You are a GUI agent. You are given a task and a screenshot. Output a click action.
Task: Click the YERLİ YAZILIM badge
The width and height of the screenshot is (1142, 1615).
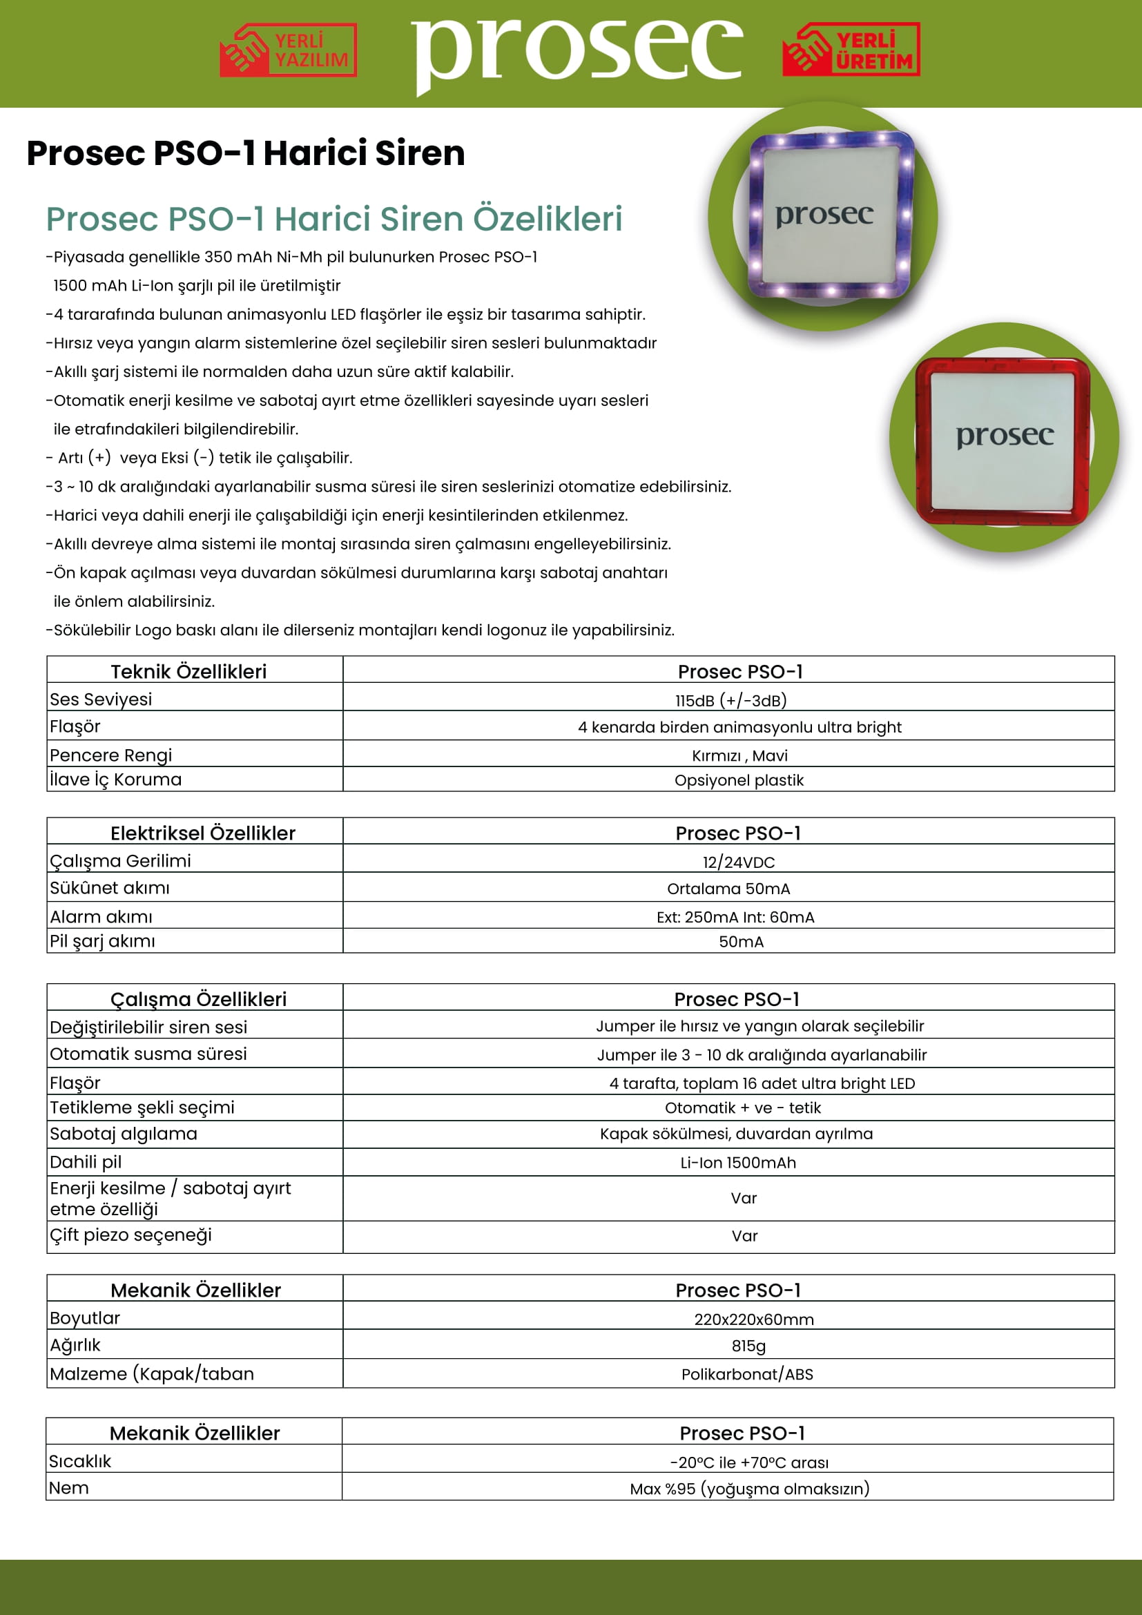[289, 50]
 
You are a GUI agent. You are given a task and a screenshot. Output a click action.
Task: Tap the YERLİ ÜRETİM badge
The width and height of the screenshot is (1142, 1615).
[851, 50]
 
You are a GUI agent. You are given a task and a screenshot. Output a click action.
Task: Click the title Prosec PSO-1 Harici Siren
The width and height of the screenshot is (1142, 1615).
[246, 153]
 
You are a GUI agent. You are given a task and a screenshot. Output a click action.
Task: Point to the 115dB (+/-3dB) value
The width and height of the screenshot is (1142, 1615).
[730, 701]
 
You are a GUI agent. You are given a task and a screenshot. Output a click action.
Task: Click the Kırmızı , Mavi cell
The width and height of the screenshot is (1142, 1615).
[739, 756]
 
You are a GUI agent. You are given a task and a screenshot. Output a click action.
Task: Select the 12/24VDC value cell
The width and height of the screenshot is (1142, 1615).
[738, 862]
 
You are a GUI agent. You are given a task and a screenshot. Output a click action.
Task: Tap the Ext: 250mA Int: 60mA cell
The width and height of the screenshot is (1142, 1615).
[735, 917]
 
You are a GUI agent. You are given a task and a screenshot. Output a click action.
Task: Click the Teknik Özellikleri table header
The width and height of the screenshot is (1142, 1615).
[189, 672]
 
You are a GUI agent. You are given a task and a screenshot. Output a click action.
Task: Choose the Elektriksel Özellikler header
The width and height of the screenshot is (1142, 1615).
[202, 833]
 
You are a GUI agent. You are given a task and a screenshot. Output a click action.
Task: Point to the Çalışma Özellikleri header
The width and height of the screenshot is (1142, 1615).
[198, 1000]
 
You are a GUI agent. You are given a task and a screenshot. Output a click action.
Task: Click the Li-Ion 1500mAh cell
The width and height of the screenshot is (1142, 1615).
[738, 1163]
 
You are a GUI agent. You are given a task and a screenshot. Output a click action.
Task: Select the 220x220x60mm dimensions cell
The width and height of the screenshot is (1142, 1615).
[754, 1319]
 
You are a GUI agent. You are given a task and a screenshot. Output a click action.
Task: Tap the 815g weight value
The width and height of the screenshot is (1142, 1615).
[748, 1346]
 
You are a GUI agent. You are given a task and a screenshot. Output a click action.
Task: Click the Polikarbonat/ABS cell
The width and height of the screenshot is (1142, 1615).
[747, 1375]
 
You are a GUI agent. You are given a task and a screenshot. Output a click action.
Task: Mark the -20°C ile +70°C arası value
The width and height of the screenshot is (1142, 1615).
[749, 1463]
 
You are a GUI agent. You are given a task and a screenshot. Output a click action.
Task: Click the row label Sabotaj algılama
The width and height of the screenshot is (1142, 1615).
[124, 1134]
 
